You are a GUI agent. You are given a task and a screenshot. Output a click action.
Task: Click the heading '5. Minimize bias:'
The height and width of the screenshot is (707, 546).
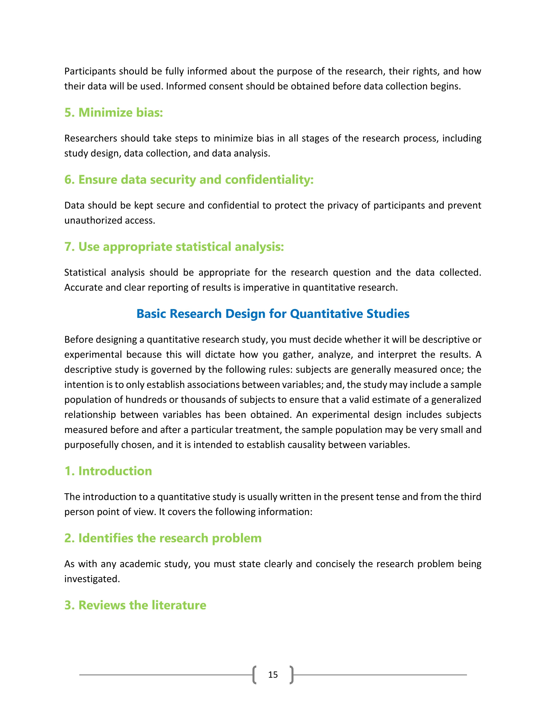coord(114,113)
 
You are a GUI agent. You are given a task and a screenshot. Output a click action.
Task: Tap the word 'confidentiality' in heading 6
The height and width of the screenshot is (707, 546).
coord(269,180)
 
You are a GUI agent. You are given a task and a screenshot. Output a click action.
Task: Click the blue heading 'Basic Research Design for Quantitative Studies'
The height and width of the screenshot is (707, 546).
coord(273,314)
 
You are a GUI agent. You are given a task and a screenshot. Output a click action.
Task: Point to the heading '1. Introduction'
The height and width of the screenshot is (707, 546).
coord(108,471)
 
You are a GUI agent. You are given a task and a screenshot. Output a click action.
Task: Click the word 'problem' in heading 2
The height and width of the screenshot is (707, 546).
coord(236,538)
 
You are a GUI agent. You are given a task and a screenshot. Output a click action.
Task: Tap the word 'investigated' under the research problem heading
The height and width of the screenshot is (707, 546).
coord(92,579)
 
